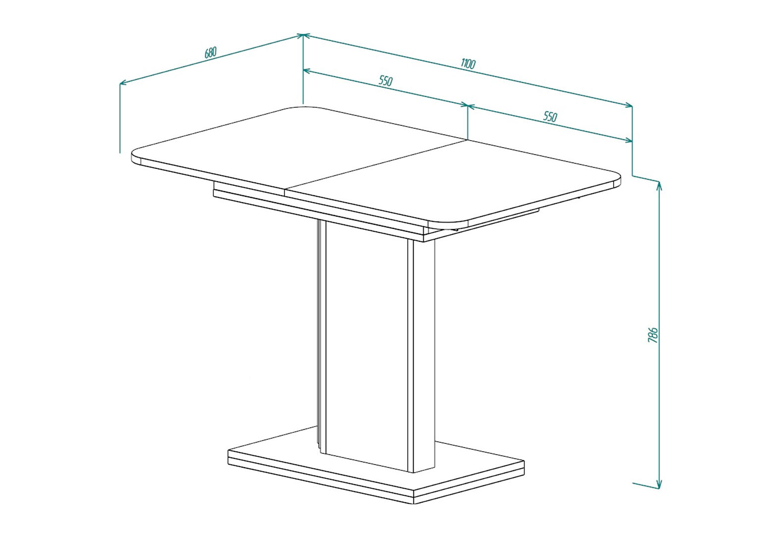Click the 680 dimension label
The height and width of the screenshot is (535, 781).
[x=210, y=53]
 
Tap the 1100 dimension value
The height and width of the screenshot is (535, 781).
[x=468, y=64]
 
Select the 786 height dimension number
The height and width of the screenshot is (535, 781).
[x=653, y=335]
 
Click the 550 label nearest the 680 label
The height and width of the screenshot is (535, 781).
[x=386, y=81]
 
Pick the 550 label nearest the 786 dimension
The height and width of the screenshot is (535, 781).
[x=550, y=116]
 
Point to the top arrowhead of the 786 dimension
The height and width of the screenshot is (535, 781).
[x=659, y=186]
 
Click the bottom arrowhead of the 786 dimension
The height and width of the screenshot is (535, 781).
[x=659, y=484]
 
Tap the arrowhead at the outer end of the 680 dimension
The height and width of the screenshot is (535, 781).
[x=123, y=83]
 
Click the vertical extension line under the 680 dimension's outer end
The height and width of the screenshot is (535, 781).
[x=120, y=118]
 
